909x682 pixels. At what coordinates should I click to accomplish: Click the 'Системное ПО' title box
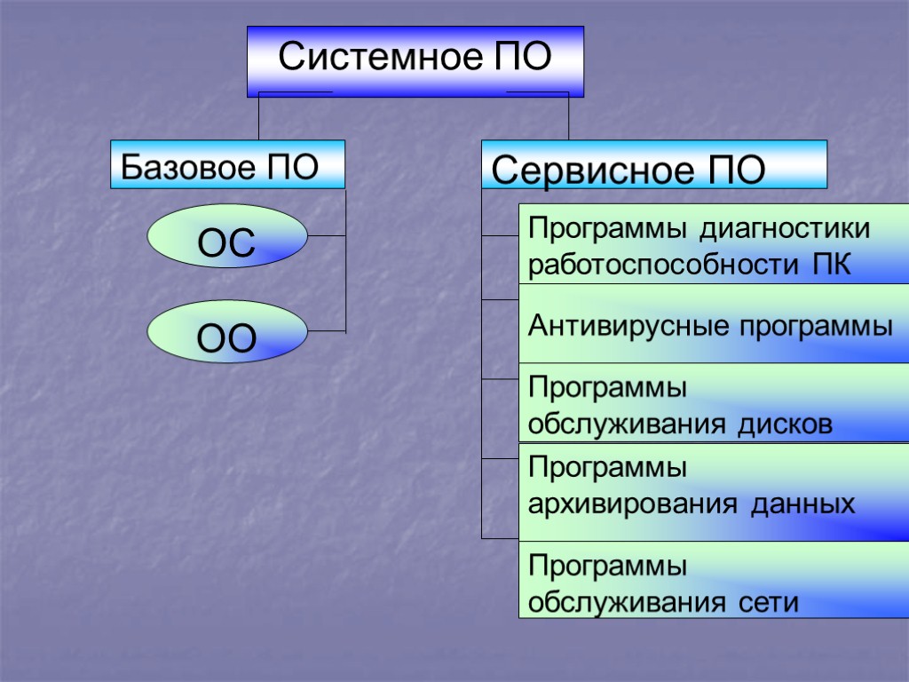point(415,60)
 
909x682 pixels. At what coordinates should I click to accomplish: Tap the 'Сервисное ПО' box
point(653,165)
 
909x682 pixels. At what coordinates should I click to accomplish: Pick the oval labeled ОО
point(227,332)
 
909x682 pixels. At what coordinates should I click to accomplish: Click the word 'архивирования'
point(632,506)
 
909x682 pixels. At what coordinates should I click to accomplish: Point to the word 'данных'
point(803,506)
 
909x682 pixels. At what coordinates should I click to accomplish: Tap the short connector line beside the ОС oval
point(326,236)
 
